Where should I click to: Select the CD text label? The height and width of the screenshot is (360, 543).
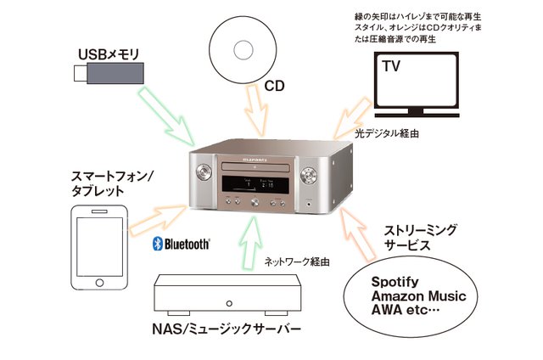(x=274, y=86)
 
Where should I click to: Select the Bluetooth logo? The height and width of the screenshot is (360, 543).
(x=181, y=245)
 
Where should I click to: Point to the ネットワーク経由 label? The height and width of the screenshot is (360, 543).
(x=293, y=262)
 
